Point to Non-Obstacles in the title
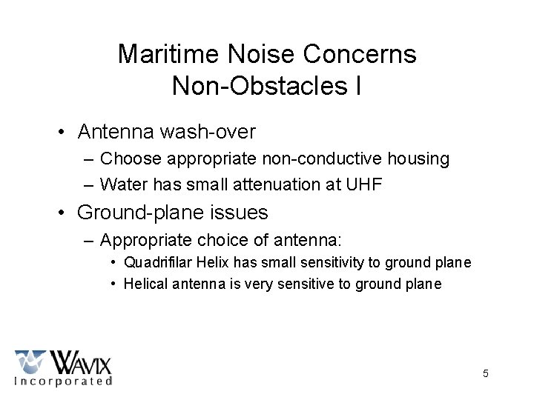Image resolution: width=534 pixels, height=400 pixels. tap(260, 86)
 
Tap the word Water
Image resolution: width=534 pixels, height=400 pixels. tap(122, 184)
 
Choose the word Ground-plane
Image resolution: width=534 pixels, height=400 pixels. tap(139, 213)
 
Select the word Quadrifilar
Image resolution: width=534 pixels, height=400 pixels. tap(156, 262)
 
